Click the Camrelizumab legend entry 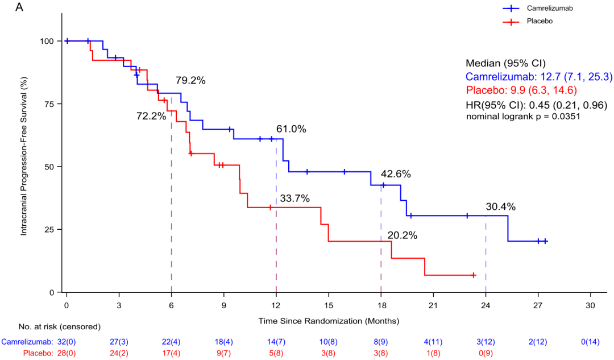coord(538,8)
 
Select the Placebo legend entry coord(528,21)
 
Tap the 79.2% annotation coord(190,80)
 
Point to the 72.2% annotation coord(151,116)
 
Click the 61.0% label coord(291,129)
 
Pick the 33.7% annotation coord(295,198)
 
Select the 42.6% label coord(396,174)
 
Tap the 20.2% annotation coord(402,235)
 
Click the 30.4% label coord(501,207)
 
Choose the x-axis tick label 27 coord(538,305)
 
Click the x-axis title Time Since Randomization coord(329,321)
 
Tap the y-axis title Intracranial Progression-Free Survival coord(24,156)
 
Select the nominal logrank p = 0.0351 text coord(523,117)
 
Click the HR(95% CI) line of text coord(537,105)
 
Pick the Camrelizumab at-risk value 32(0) coord(67,342)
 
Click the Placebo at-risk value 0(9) coord(486,353)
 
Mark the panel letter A coord(19,7)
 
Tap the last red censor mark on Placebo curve coord(474,275)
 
